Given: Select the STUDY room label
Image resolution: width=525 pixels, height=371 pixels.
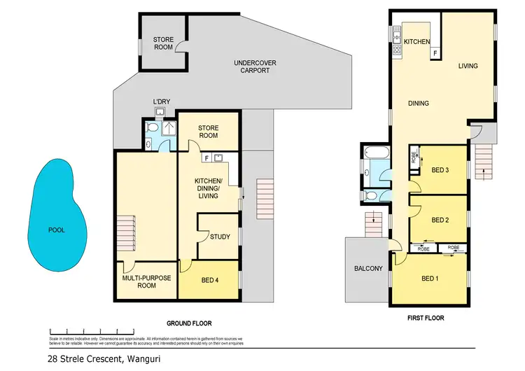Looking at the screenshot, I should click(220, 237).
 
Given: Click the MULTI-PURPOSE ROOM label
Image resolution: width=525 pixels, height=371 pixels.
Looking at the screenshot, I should click(146, 282).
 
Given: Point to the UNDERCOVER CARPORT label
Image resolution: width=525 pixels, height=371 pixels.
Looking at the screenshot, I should click(255, 67).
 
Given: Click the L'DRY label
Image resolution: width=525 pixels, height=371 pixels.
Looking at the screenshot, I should click(162, 102).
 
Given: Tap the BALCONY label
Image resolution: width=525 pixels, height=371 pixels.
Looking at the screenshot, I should click(368, 268).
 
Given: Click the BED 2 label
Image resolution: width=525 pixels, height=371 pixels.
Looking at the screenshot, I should click(440, 220).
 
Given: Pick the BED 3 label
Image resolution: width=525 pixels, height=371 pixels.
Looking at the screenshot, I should click(440, 171).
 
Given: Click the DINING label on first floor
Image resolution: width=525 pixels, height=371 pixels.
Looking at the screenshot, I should click(419, 104).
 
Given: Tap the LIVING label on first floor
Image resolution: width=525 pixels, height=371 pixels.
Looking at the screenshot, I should click(468, 66).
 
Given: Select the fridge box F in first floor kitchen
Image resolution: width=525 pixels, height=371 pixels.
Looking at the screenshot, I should click(435, 53).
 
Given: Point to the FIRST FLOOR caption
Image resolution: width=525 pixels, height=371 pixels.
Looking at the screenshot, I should click(426, 317).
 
